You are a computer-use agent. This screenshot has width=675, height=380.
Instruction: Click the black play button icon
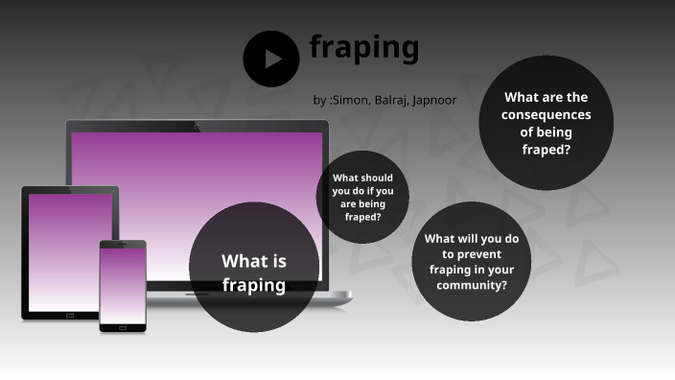pos(271,59)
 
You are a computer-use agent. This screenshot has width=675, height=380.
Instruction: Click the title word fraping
pos(364,47)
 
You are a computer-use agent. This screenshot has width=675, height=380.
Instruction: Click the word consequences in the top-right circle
pos(546,115)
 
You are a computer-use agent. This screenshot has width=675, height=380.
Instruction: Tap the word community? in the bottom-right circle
pos(471,285)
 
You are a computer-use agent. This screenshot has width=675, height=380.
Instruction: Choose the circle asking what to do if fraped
pos(362,197)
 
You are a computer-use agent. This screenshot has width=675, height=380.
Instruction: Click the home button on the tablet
pos(69,315)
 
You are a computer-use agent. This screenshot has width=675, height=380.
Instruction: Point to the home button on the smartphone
pos(123,326)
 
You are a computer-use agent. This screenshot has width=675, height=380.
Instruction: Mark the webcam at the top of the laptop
pos(198,126)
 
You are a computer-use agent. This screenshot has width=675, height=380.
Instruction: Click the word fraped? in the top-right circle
pos(546,150)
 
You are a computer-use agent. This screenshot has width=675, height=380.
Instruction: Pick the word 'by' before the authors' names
pos(319,100)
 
